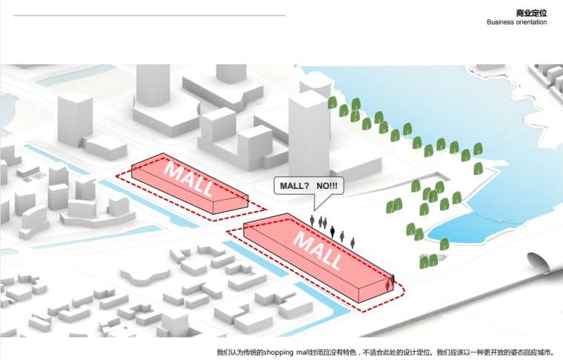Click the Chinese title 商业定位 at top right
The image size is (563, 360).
(531, 13)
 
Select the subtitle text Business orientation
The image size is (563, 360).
(517, 22)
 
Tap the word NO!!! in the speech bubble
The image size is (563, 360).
(326, 184)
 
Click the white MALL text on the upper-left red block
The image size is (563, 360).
(188, 177)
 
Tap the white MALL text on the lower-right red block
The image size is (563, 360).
(319, 248)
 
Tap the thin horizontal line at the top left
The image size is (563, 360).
(148, 15)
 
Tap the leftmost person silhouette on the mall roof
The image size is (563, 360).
(313, 221)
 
